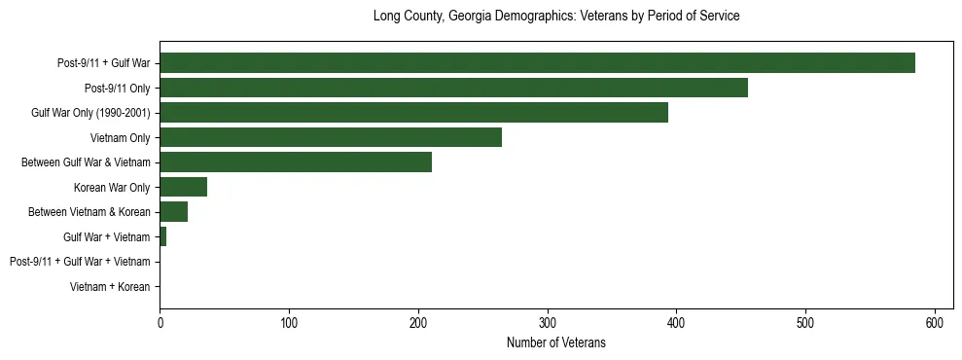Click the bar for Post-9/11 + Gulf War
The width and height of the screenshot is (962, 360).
pyautogui.click(x=537, y=63)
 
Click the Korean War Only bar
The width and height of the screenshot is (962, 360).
pyautogui.click(x=183, y=187)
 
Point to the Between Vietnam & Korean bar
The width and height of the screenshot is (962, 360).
pyautogui.click(x=173, y=212)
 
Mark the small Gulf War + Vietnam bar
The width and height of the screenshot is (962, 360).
pyautogui.click(x=162, y=236)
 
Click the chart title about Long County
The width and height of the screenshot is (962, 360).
pyautogui.click(x=556, y=17)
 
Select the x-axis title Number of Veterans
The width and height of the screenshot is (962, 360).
pyautogui.click(x=556, y=342)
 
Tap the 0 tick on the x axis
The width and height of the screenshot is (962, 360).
pyautogui.click(x=160, y=322)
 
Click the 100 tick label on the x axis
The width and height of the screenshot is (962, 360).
pyautogui.click(x=289, y=322)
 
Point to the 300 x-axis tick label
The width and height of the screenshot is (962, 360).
pyautogui.click(x=548, y=322)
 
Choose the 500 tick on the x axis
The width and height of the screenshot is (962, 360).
pyautogui.click(x=805, y=322)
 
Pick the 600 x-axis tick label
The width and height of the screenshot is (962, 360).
pyautogui.click(x=935, y=322)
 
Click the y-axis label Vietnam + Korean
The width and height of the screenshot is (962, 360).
pyautogui.click(x=110, y=287)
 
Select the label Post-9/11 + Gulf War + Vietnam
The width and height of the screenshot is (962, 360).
pyautogui.click(x=80, y=262)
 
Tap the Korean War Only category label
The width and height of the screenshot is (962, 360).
pyautogui.click(x=112, y=187)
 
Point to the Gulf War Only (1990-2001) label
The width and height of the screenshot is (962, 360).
pyautogui.click(x=90, y=113)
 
